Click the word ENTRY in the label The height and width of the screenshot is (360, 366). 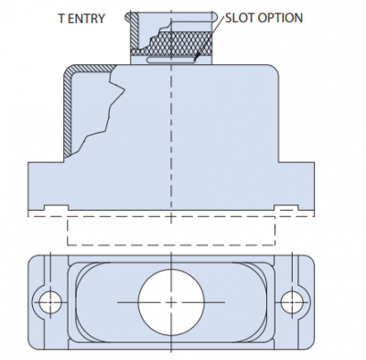pyautogui.click(x=86, y=18)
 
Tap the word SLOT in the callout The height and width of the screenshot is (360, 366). pyautogui.click(x=240, y=17)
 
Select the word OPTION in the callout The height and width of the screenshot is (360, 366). pyautogui.click(x=280, y=17)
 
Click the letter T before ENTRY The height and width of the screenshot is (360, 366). pyautogui.click(x=61, y=18)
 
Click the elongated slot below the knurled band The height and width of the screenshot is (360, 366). pyautogui.click(x=171, y=60)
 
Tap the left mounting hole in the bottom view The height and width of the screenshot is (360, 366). pyautogui.click(x=50, y=302)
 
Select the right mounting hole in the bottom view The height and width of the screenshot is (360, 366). pyautogui.click(x=292, y=302)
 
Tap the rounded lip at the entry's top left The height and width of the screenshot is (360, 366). pyautogui.click(x=129, y=16)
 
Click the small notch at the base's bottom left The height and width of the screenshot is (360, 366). pyautogui.click(x=57, y=208)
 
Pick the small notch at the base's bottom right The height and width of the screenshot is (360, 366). pyautogui.click(x=286, y=208)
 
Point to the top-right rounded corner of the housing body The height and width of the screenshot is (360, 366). pyautogui.click(x=274, y=69)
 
